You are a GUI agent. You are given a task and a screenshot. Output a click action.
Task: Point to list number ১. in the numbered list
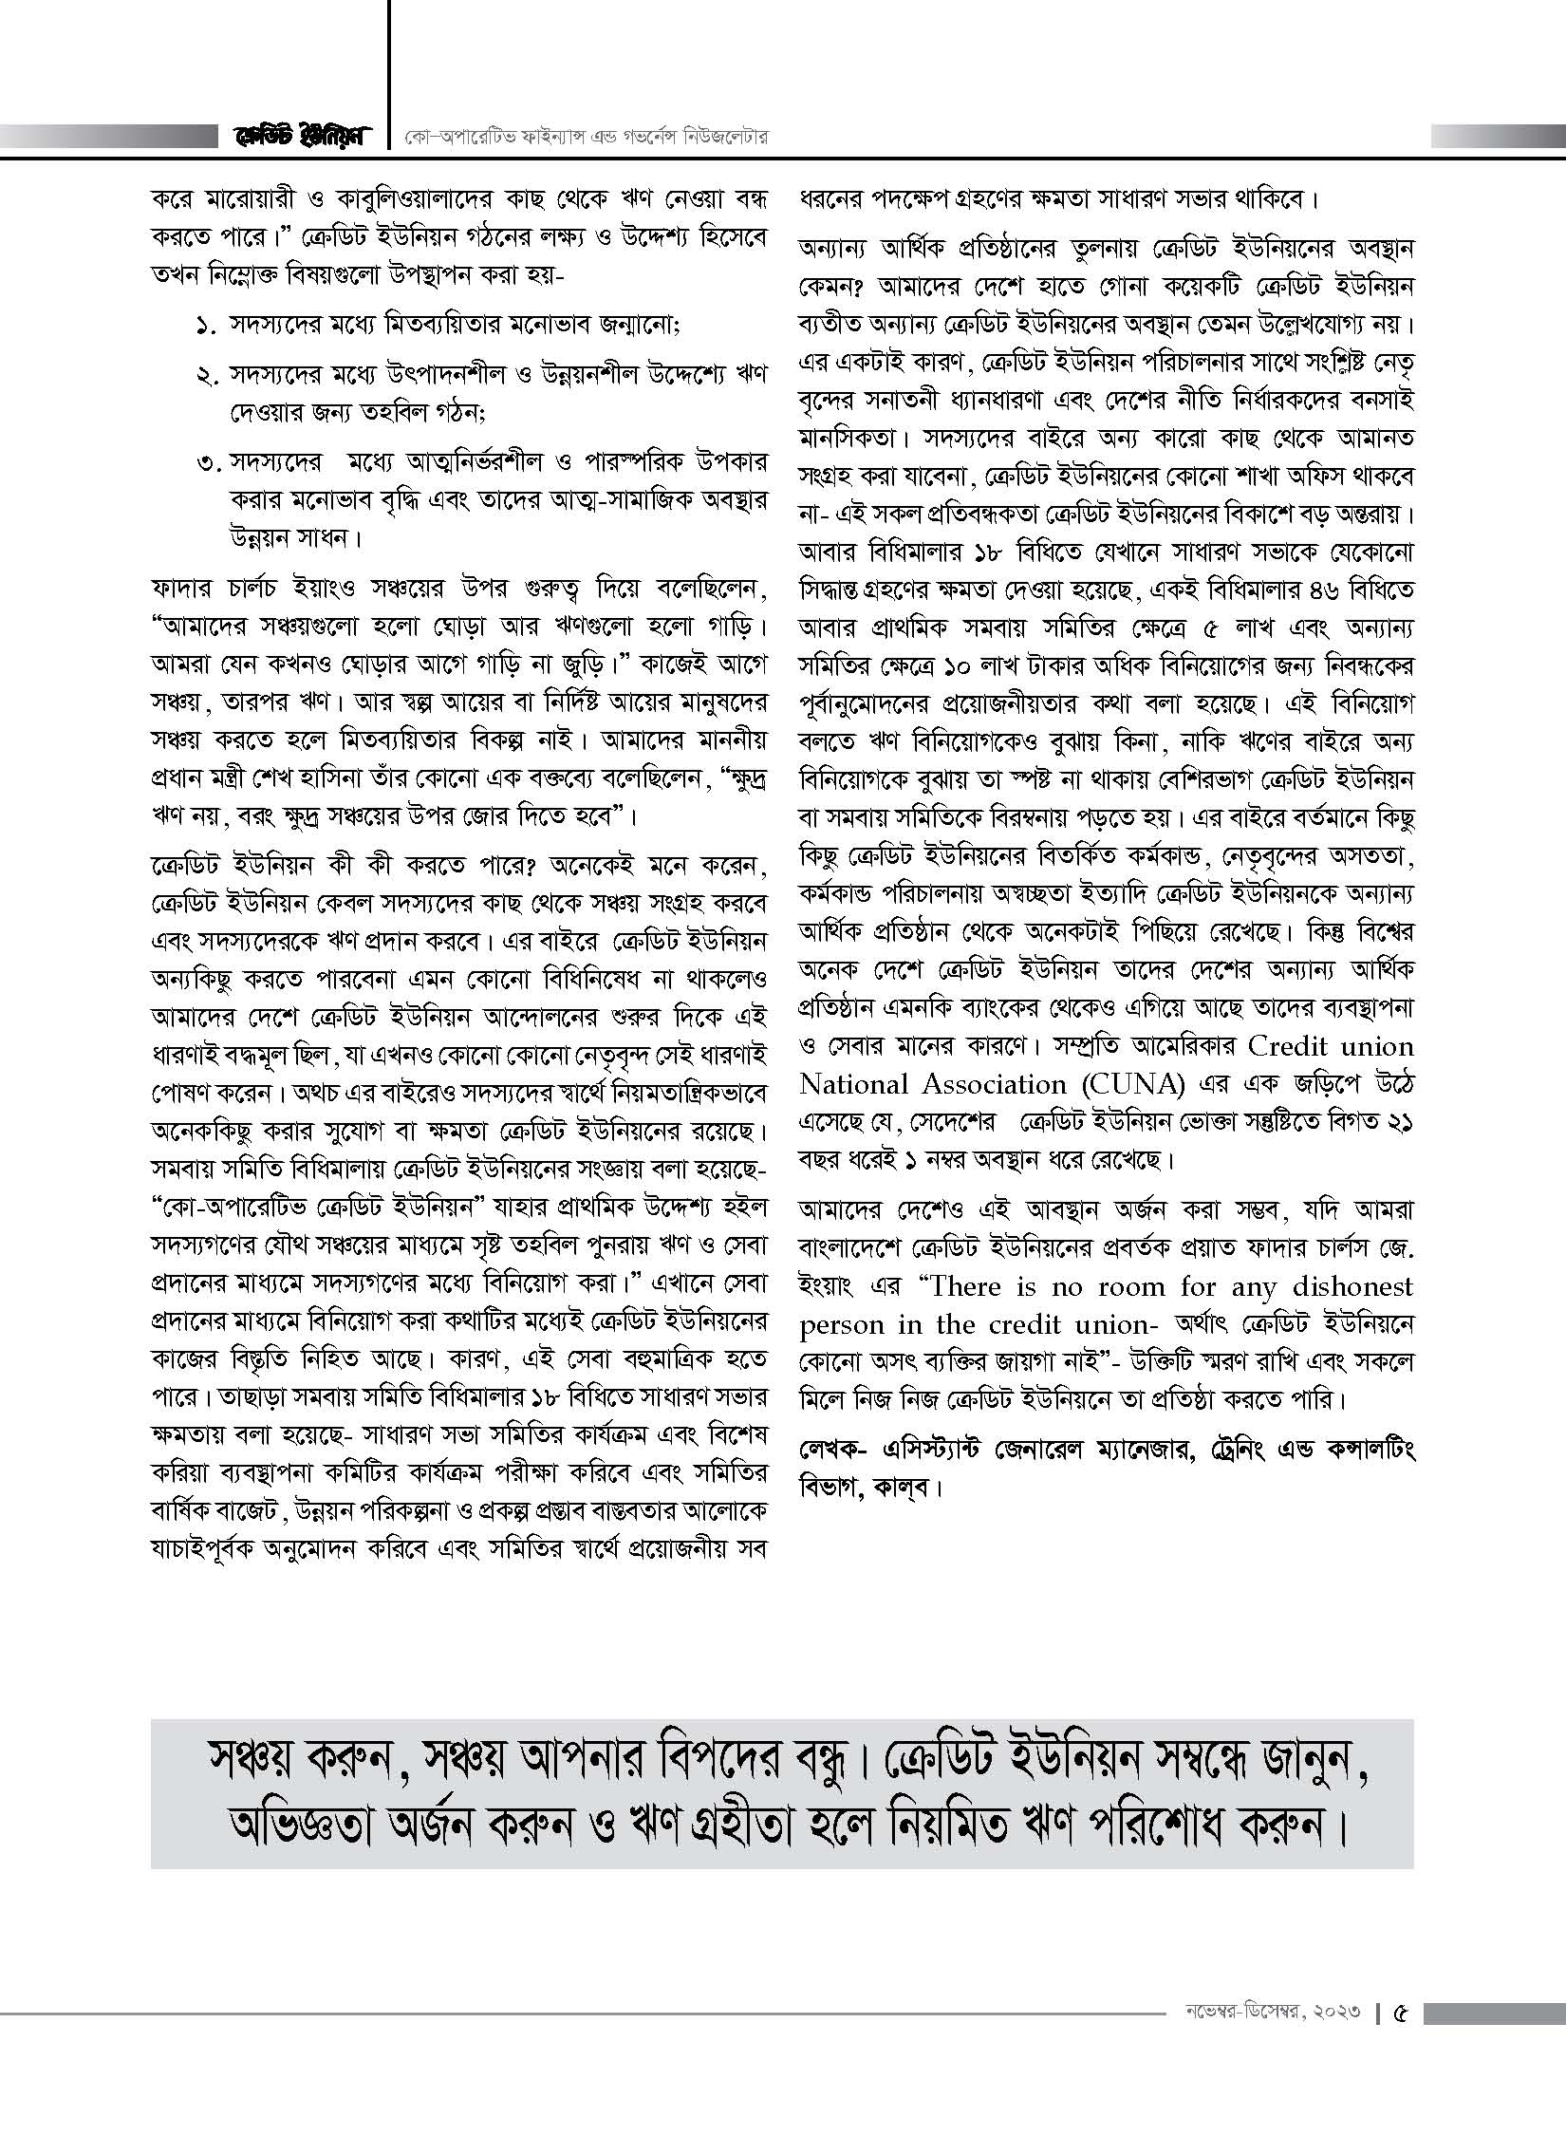coord(207,325)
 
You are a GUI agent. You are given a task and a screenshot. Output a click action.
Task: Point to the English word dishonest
coord(1352,1286)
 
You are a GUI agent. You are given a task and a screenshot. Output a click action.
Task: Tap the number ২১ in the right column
coord(1398,1121)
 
